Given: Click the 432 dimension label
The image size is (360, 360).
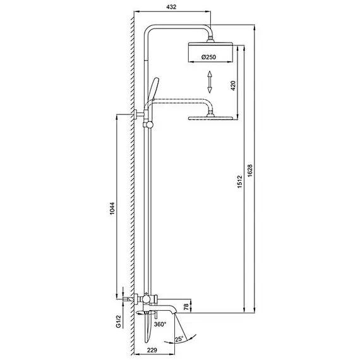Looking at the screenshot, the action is (171, 7).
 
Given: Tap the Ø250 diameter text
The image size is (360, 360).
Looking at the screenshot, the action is (208, 57).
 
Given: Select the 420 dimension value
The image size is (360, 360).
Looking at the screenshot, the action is (233, 86).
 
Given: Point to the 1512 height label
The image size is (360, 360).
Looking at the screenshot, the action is (240, 182).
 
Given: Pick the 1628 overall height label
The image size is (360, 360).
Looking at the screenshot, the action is (250, 171).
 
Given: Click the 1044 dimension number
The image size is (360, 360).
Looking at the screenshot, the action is (112, 208).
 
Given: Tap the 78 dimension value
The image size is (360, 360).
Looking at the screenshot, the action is (186, 306).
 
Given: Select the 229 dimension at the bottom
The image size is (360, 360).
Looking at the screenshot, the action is (152, 350).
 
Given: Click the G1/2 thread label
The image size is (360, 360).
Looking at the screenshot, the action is (119, 321).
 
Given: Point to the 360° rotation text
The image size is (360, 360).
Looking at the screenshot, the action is (160, 324).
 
